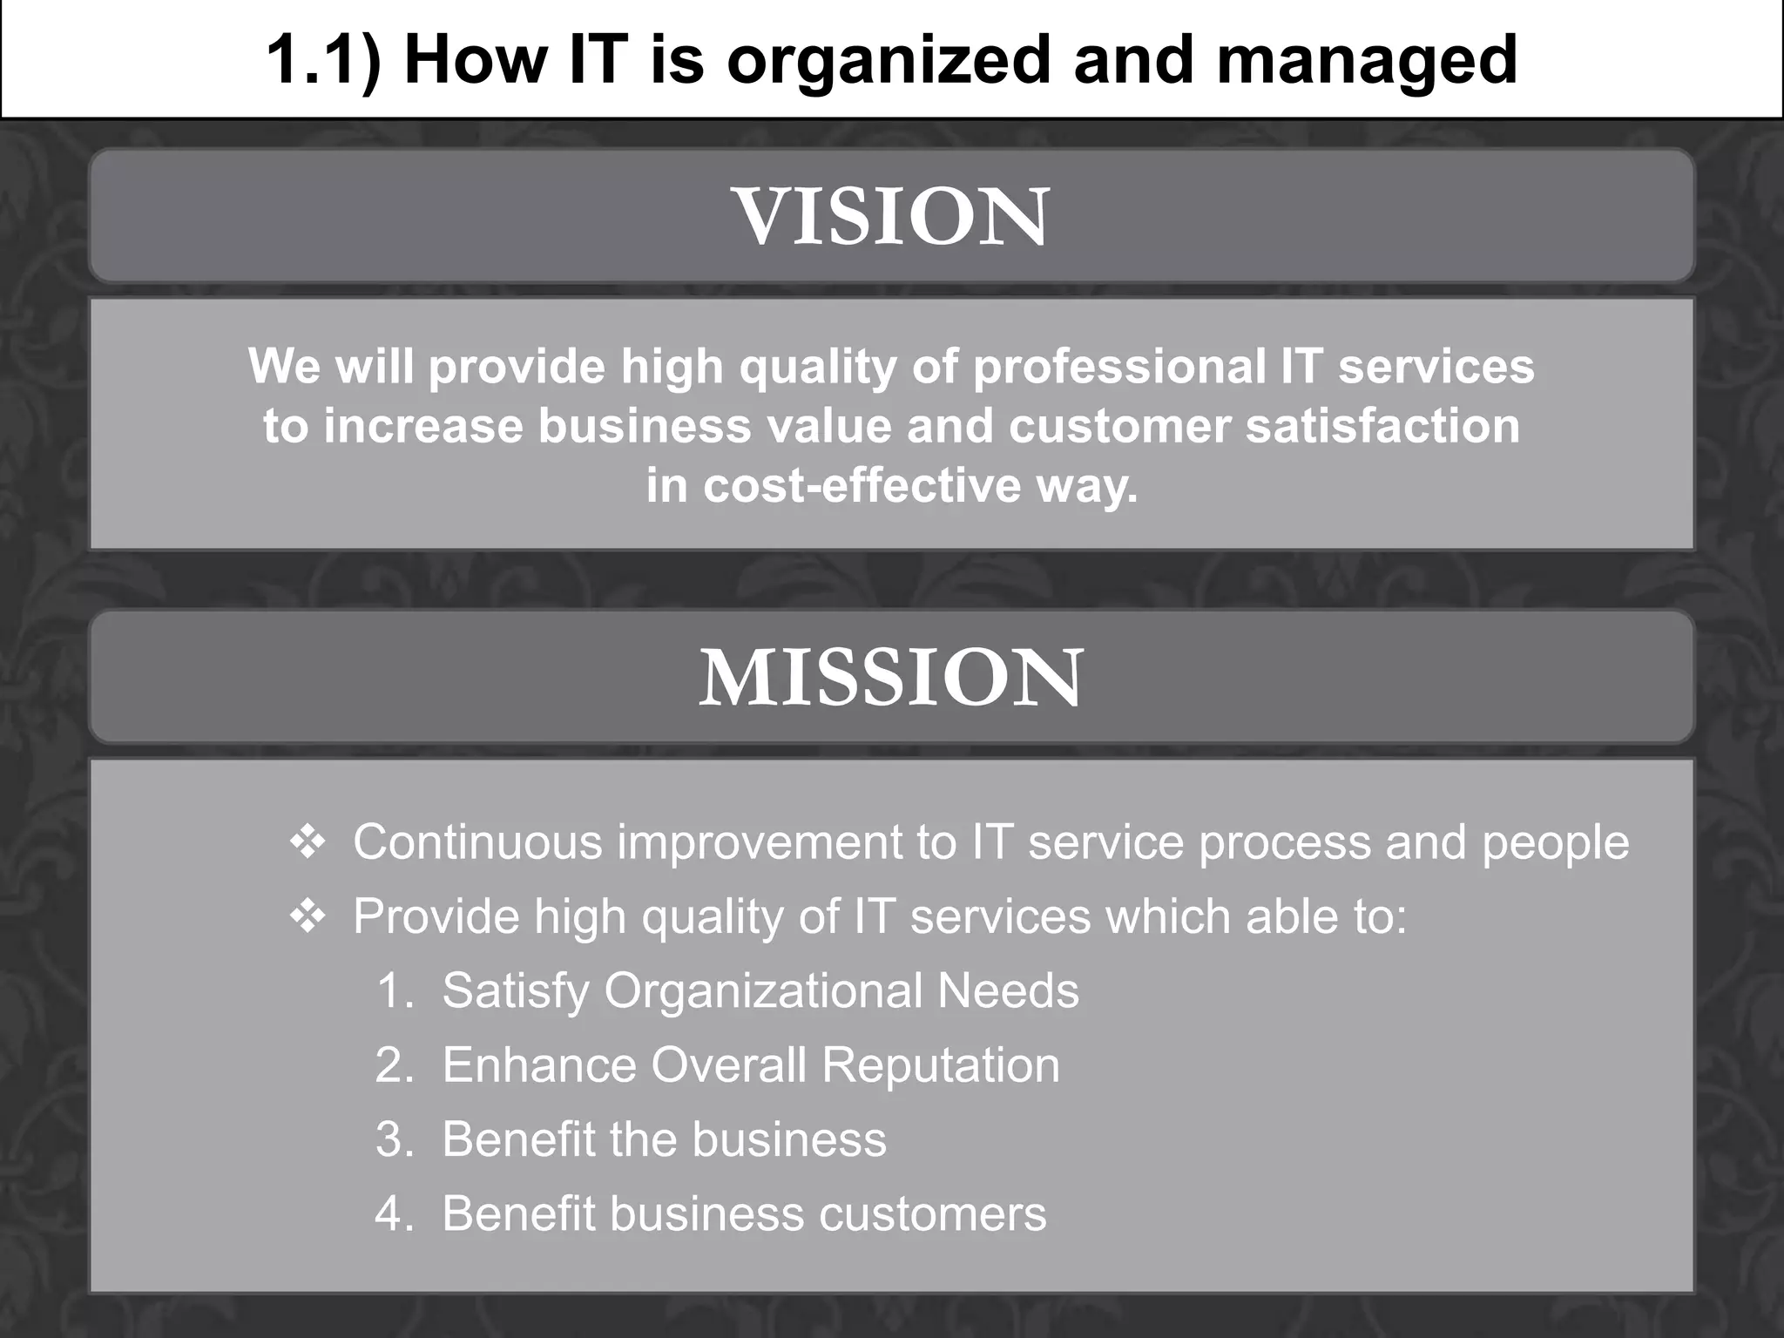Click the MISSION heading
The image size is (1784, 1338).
click(892, 678)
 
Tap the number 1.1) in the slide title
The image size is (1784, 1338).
click(323, 59)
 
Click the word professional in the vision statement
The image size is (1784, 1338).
click(1118, 366)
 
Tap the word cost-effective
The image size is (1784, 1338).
click(862, 485)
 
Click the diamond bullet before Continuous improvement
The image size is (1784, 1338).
click(307, 842)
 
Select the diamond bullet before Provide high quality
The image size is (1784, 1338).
click(307, 916)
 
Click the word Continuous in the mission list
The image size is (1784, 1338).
click(477, 842)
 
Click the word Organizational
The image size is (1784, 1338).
click(763, 991)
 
